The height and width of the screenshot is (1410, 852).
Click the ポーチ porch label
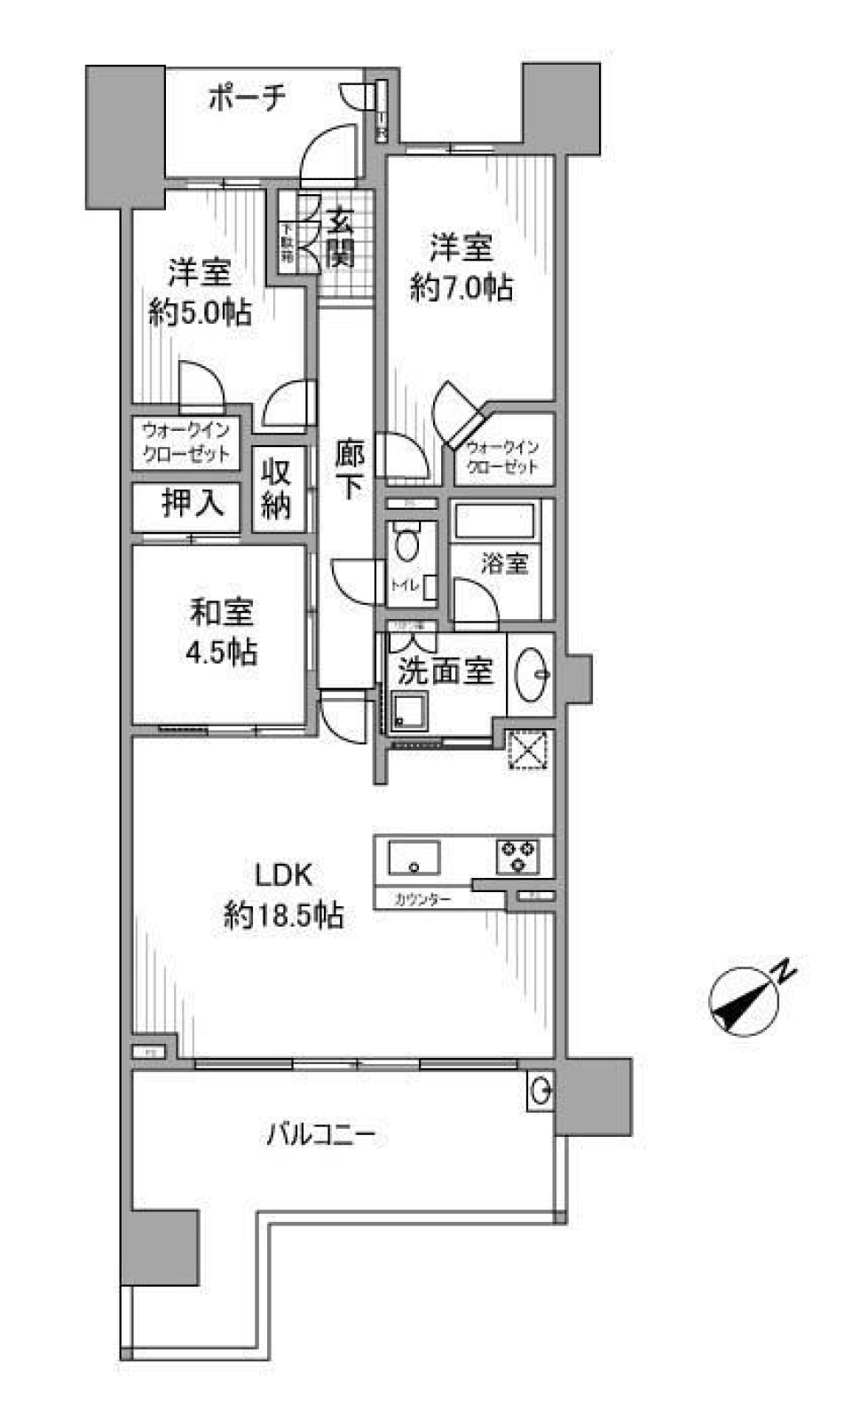point(248,98)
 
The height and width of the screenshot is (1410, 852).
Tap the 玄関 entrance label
point(340,238)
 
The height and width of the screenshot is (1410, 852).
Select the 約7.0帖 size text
point(461,287)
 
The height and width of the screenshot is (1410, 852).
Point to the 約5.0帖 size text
point(200,312)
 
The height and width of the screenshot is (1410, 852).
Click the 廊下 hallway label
point(349,470)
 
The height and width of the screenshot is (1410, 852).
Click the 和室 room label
point(222,611)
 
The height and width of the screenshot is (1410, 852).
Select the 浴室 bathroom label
point(504,563)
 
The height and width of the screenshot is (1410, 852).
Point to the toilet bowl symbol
point(407,543)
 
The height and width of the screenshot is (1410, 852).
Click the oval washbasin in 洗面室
point(532,673)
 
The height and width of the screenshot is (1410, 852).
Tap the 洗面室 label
point(445,671)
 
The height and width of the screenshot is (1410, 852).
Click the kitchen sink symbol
point(414,858)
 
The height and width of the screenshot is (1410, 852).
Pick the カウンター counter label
point(422,899)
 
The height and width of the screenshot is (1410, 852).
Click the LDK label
point(284,875)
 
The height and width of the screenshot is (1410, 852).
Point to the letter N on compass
point(784,971)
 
